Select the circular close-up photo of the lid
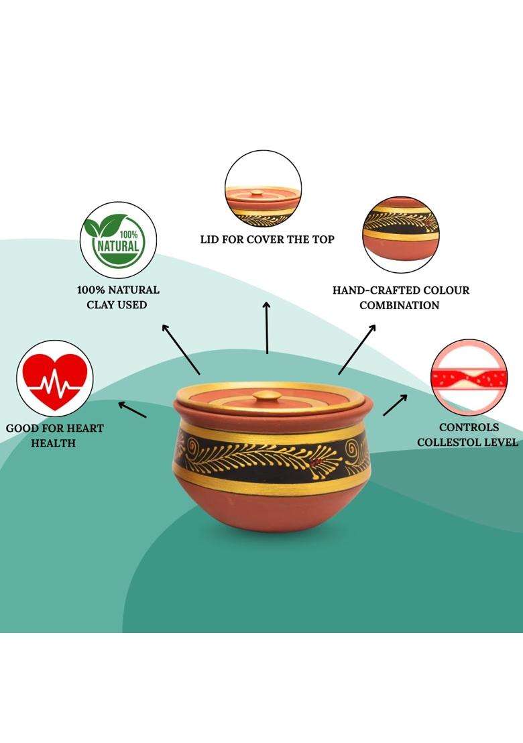click(x=264, y=188)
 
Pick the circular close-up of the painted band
click(x=401, y=235)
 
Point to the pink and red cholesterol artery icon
click(x=469, y=378)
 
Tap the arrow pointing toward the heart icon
click(x=132, y=410)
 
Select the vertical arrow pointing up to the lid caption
click(x=267, y=327)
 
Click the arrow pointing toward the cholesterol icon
click(x=395, y=404)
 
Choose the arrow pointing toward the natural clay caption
click(x=181, y=349)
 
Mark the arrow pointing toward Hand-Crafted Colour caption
click(x=357, y=349)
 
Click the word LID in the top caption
click(x=209, y=239)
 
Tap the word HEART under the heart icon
click(x=85, y=428)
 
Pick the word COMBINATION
click(x=400, y=305)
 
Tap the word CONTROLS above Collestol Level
click(x=469, y=427)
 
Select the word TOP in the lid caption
click(x=323, y=239)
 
